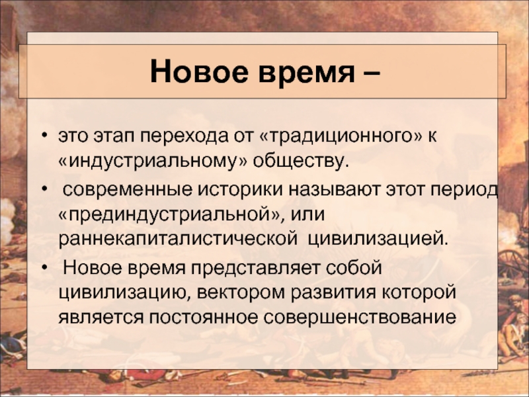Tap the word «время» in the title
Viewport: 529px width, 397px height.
coord(307,72)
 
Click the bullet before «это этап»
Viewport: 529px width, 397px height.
coord(44,136)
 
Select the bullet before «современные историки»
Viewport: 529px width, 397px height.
coord(44,189)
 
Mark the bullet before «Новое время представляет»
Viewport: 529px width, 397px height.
coord(44,268)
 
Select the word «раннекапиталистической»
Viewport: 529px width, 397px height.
coord(178,240)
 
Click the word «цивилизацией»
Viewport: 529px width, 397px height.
coord(378,240)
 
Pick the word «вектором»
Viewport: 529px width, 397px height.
coord(241,292)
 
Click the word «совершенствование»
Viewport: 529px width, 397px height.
coord(360,318)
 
